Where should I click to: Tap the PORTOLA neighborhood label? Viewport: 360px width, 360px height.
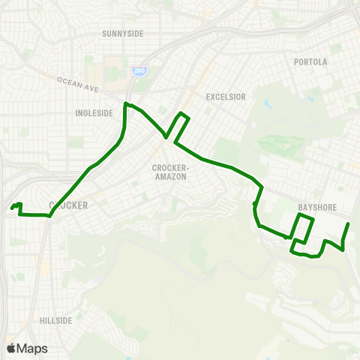pyautogui.click(x=310, y=61)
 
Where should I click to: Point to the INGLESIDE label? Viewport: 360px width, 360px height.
pyautogui.click(x=94, y=113)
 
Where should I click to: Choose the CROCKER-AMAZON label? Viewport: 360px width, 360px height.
pyautogui.click(x=169, y=171)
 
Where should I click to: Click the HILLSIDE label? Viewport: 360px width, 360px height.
pyautogui.click(x=56, y=320)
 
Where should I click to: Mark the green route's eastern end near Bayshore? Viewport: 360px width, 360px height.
pyautogui.click(x=349, y=224)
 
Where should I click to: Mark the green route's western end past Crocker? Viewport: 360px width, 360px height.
pyautogui.click(x=12, y=208)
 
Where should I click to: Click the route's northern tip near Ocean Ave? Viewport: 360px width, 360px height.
pyautogui.click(x=125, y=103)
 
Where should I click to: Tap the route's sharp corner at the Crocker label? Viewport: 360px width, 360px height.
pyautogui.click(x=49, y=216)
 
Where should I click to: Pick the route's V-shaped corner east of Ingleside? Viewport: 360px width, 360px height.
pyautogui.click(x=166, y=136)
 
